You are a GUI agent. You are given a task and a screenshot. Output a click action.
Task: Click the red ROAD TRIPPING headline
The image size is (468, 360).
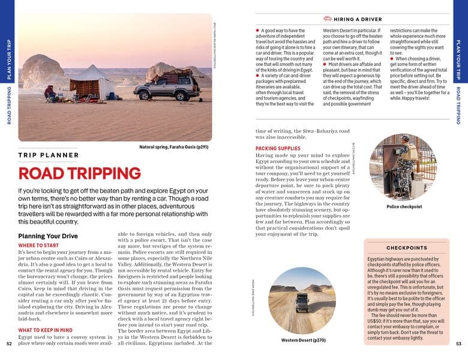coord(80,173)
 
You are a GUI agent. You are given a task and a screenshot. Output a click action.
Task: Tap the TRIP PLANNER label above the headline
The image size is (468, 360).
coord(49,155)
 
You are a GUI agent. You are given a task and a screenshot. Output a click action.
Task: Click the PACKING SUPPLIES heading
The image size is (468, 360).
coord(278,148)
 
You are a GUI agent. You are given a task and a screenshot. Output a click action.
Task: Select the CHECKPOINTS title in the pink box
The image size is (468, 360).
coord(406,247)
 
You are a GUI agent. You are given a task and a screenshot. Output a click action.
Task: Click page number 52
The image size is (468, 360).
coord(9,344)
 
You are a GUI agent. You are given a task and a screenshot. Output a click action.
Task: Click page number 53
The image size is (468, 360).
coord(458,344)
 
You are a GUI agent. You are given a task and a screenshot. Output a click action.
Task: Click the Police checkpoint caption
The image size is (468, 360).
coord(404,206)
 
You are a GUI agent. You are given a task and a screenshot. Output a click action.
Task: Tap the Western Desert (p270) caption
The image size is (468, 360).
coord(303,340)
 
